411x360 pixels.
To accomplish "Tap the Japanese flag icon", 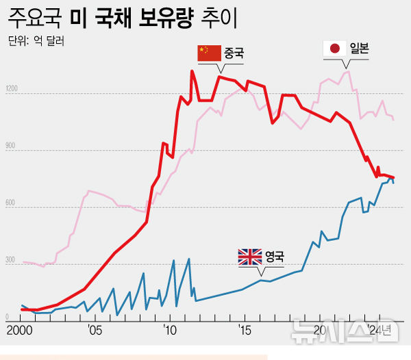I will click(335, 48).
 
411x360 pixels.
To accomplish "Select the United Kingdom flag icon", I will click(249, 257).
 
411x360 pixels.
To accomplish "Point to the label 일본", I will click(359, 48).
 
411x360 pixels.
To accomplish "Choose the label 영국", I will click(274, 257).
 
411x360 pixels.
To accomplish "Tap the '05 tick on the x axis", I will click(95, 331).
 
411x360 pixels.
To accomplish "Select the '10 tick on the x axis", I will click(170, 331).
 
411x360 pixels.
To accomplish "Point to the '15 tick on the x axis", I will click(245, 331).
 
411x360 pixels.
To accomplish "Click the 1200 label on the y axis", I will click(12, 89).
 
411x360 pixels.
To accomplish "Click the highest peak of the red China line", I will click(192, 71).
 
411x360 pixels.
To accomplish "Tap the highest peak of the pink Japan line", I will click(348, 71).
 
